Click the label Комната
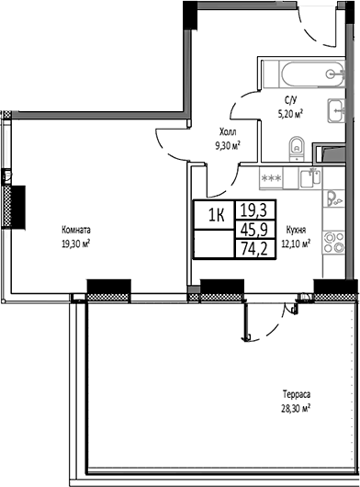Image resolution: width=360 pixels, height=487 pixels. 75,230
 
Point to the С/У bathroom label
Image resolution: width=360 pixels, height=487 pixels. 289,102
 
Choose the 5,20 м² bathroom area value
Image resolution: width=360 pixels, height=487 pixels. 289,114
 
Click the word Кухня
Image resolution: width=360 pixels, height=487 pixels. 295,231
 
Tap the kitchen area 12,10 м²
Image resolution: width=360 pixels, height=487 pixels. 295,243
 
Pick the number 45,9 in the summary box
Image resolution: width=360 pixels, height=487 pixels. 254,231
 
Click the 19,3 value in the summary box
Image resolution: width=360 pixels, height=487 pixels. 254,211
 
